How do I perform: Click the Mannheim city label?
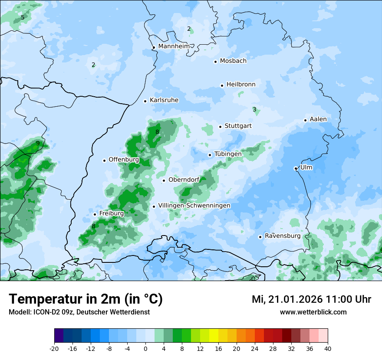pyautogui.click(x=174, y=46)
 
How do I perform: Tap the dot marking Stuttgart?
pyautogui.click(x=221, y=127)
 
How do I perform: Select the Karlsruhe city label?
pyautogui.click(x=164, y=100)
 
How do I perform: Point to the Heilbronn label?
pyautogui.click(x=241, y=85)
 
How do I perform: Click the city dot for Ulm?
pyautogui.click(x=296, y=168)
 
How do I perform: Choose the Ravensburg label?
pyautogui.click(x=283, y=236)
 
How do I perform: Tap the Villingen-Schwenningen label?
pyautogui.click(x=194, y=206)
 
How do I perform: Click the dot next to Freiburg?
pyautogui.click(x=95, y=214)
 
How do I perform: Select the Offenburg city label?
pyautogui.click(x=124, y=160)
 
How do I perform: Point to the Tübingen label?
pyautogui.click(x=228, y=154)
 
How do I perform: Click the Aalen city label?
pyautogui.click(x=318, y=119)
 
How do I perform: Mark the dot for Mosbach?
pyautogui.click(x=215, y=62)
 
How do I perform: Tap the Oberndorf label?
pyautogui.click(x=184, y=180)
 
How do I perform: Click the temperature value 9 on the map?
pyautogui.click(x=38, y=144)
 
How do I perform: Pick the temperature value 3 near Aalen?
pyautogui.click(x=254, y=110)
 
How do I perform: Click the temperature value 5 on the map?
pyautogui.click(x=23, y=18)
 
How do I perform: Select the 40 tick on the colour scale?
pyautogui.click(x=327, y=349)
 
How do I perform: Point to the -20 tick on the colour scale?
pyautogui.click(x=54, y=349)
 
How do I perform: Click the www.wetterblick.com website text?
pyautogui.click(x=313, y=312)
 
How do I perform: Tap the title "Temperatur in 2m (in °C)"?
pyautogui.click(x=86, y=299)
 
